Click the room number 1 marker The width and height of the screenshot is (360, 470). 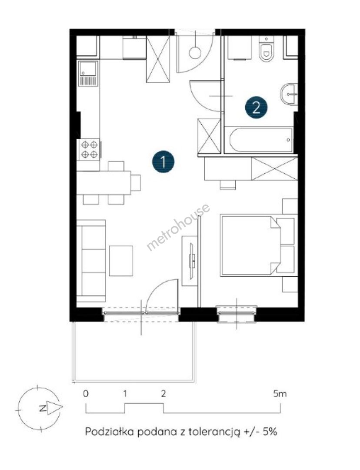pos(163,162)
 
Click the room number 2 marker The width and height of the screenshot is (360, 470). pos(256,107)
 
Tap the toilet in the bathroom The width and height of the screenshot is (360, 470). pos(266,50)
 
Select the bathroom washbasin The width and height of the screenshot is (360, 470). pos(289,94)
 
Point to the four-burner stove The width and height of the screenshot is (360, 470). pos(89,149)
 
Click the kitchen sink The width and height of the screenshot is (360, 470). pos(88,74)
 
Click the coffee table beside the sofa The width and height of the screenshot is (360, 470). pos(121,261)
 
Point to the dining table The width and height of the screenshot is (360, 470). pos(103,183)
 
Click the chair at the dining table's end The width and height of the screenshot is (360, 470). pos(136,182)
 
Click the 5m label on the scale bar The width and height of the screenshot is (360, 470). pos(280,393)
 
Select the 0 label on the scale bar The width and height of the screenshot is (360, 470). pos(86,393)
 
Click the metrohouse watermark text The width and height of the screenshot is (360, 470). pos(178,227)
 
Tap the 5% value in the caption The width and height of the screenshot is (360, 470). pos(270,432)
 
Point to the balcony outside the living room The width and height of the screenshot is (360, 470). pos(134,352)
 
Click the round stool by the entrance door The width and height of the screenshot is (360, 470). pos(195,53)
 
